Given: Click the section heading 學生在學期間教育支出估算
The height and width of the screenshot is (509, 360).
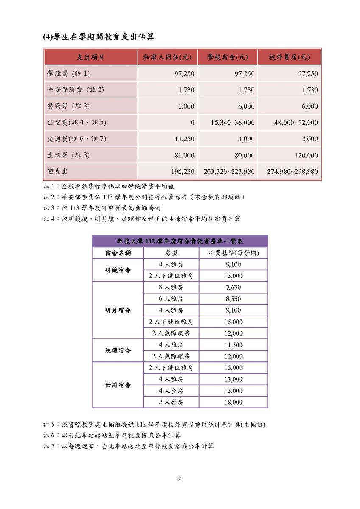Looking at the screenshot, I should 98,37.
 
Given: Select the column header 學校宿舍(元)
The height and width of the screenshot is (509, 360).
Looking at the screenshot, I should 227,57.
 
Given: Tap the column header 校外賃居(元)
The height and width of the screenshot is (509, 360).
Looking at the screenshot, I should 289,57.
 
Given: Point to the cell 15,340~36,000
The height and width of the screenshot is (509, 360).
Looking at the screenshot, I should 233,123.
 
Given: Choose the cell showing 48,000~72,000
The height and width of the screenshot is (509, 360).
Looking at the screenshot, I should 296,123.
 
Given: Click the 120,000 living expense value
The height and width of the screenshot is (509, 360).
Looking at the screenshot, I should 306,155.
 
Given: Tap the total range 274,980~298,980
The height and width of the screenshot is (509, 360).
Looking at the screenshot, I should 292,172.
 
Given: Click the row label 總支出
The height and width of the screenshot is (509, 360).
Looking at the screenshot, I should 58,172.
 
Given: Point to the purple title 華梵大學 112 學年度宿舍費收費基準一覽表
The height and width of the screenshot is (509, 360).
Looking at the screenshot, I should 180,241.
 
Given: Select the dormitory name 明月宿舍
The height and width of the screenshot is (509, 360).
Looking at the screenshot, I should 118,310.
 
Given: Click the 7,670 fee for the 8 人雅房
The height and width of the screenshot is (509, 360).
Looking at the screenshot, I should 233,288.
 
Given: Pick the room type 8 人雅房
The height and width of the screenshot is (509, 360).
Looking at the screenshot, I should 171,288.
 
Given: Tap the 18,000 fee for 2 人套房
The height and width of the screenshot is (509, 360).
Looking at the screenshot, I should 233,402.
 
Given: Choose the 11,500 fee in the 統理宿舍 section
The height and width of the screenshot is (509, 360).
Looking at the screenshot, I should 233,345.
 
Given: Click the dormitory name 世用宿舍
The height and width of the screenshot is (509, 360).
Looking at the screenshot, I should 118,385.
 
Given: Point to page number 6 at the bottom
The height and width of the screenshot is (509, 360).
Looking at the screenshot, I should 180,480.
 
